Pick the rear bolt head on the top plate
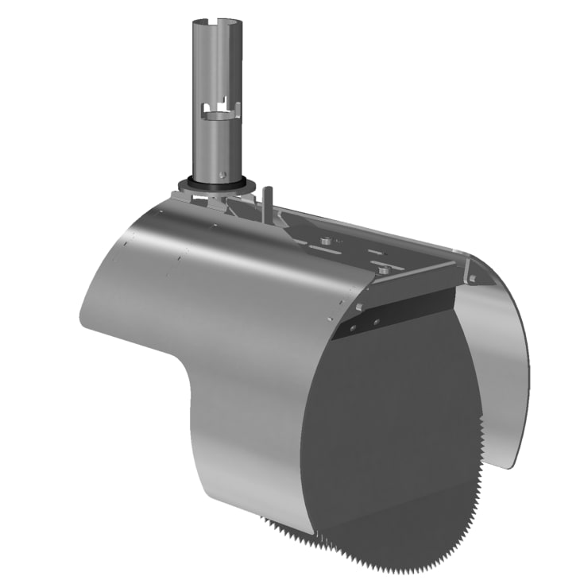[x=325, y=238]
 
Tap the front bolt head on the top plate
[x=384, y=271]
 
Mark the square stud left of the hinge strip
[x=360, y=307]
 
